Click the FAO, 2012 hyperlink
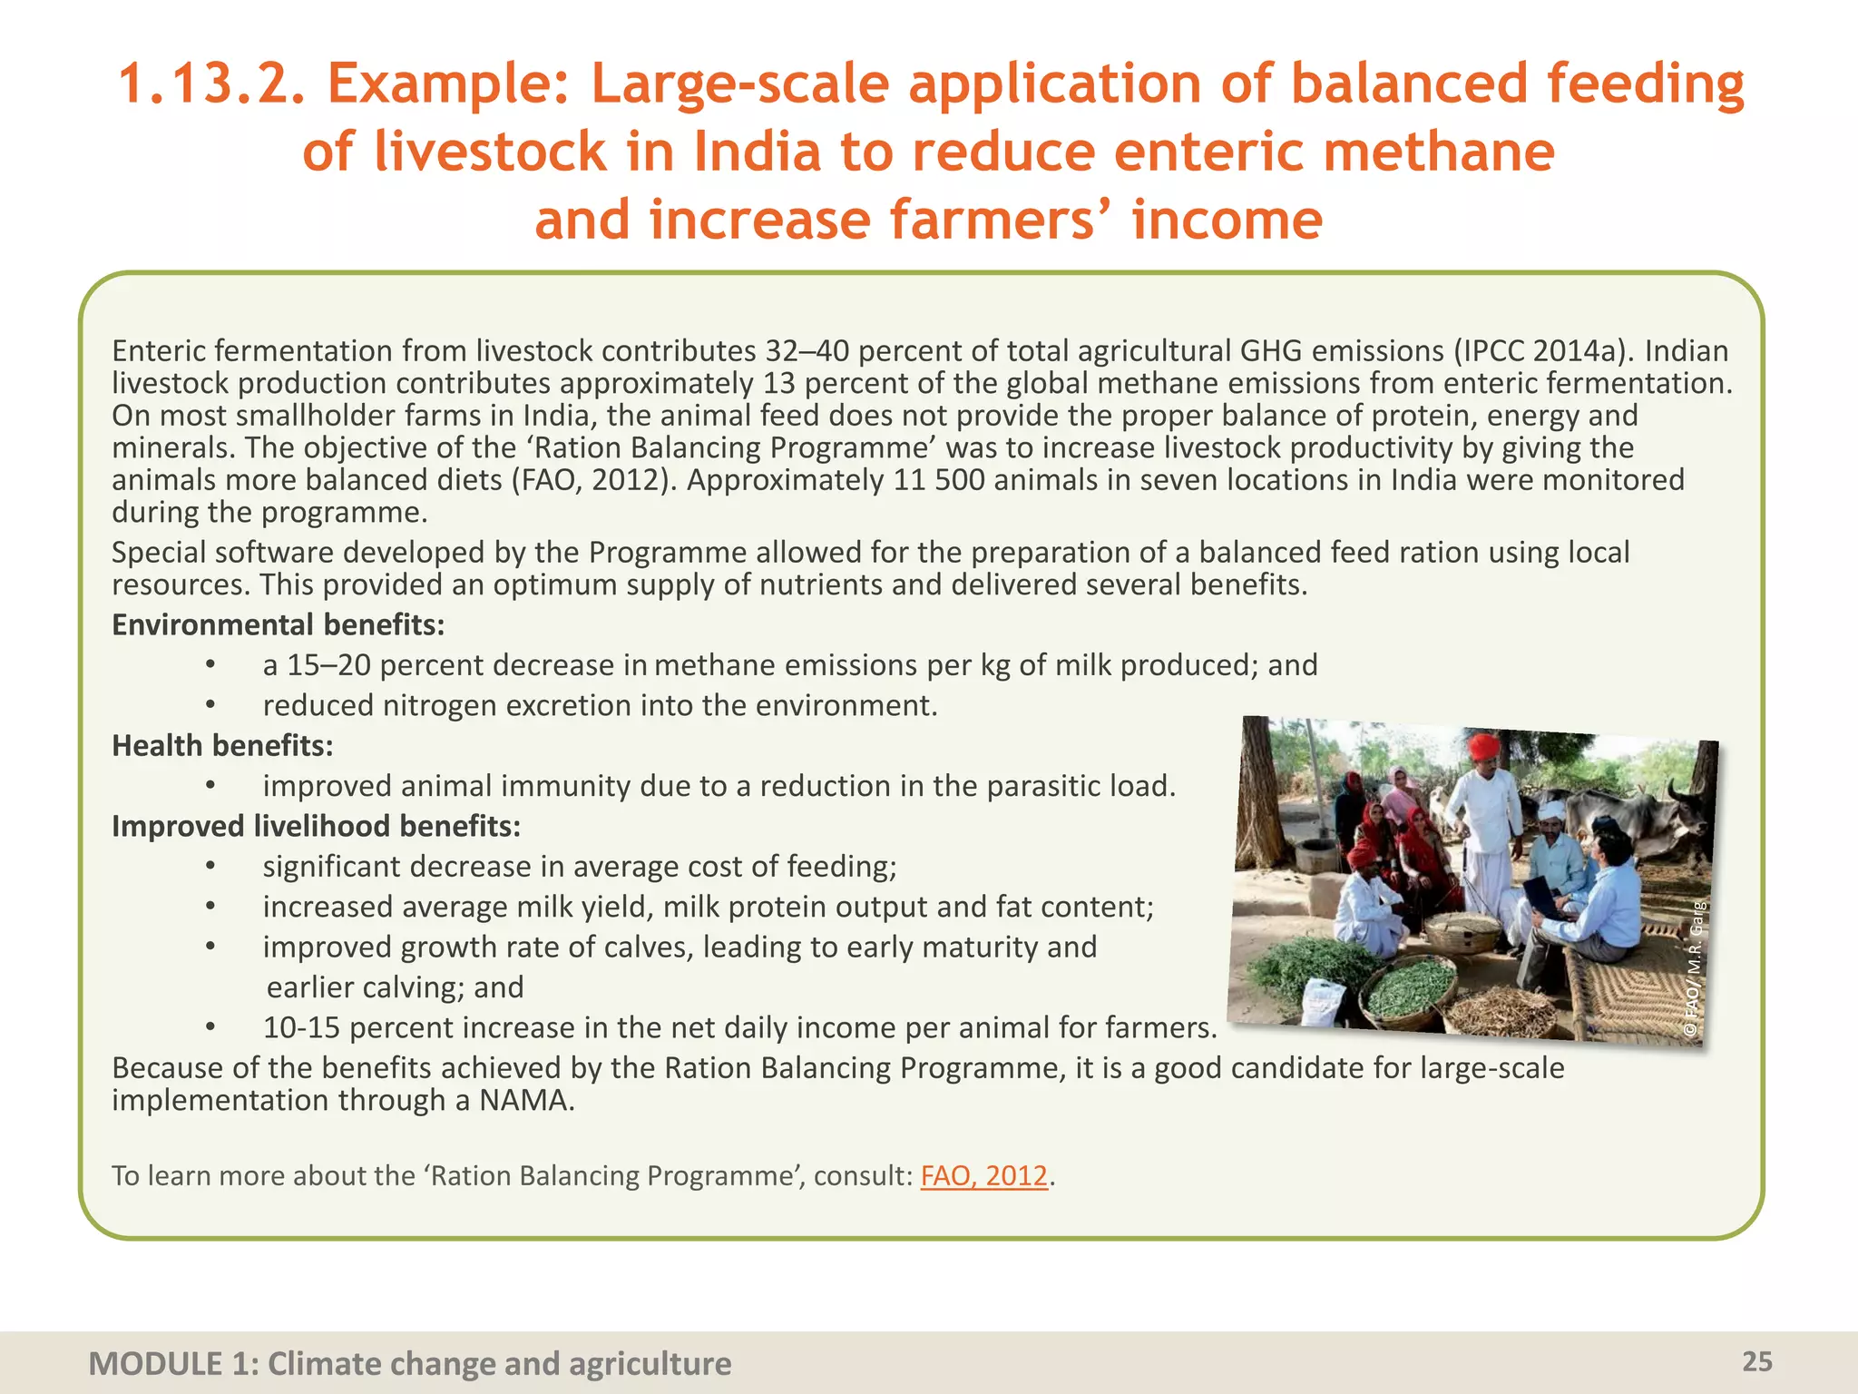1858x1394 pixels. point(983,1176)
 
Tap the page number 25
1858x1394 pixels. point(1756,1361)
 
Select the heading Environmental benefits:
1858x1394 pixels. point(278,625)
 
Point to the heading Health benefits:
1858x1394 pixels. point(222,746)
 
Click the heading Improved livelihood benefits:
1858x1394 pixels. point(316,827)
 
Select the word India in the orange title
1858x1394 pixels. point(758,152)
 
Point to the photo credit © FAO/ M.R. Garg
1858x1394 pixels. point(1695,967)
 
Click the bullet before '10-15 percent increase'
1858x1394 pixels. point(210,1028)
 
